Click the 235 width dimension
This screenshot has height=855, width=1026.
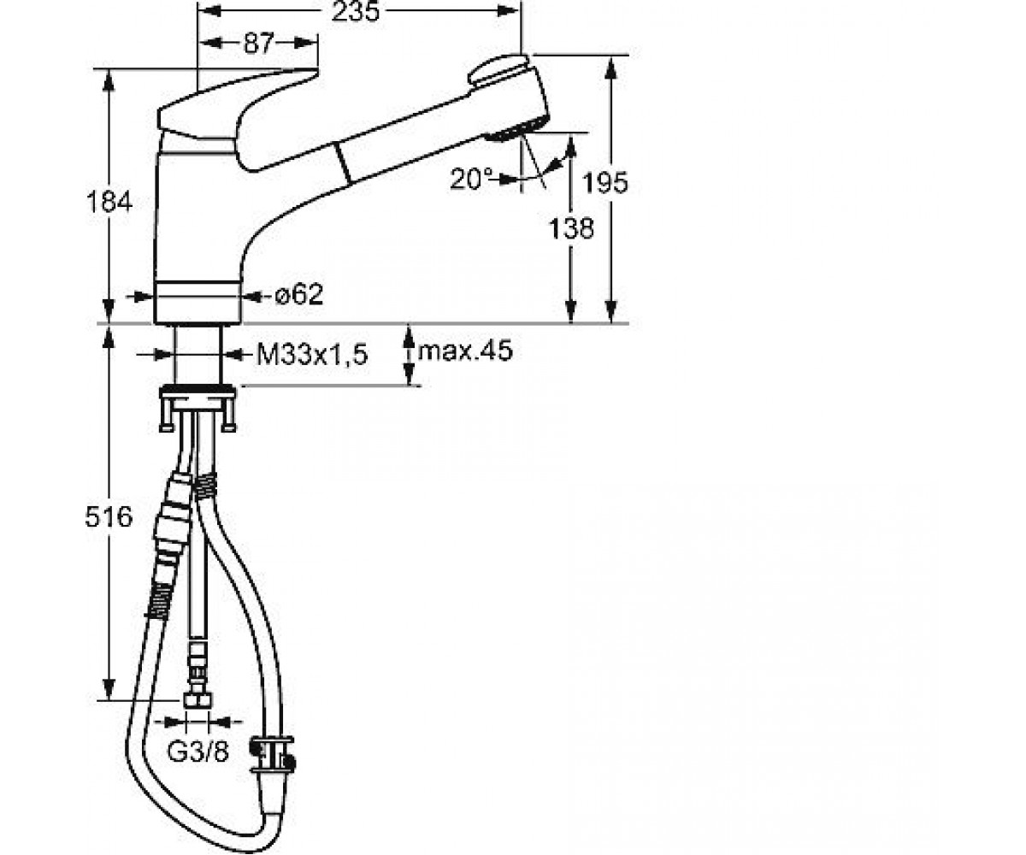356,12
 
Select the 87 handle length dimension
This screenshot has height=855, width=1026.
258,44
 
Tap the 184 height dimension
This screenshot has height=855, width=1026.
109,202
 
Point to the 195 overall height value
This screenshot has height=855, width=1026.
604,183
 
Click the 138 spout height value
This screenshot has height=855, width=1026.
571,228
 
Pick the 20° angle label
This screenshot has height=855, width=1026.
471,179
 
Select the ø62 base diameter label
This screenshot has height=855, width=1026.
298,295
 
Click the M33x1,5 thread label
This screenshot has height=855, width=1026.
312,354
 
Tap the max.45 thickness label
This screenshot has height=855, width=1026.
465,351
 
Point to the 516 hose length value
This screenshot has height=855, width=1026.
109,517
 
